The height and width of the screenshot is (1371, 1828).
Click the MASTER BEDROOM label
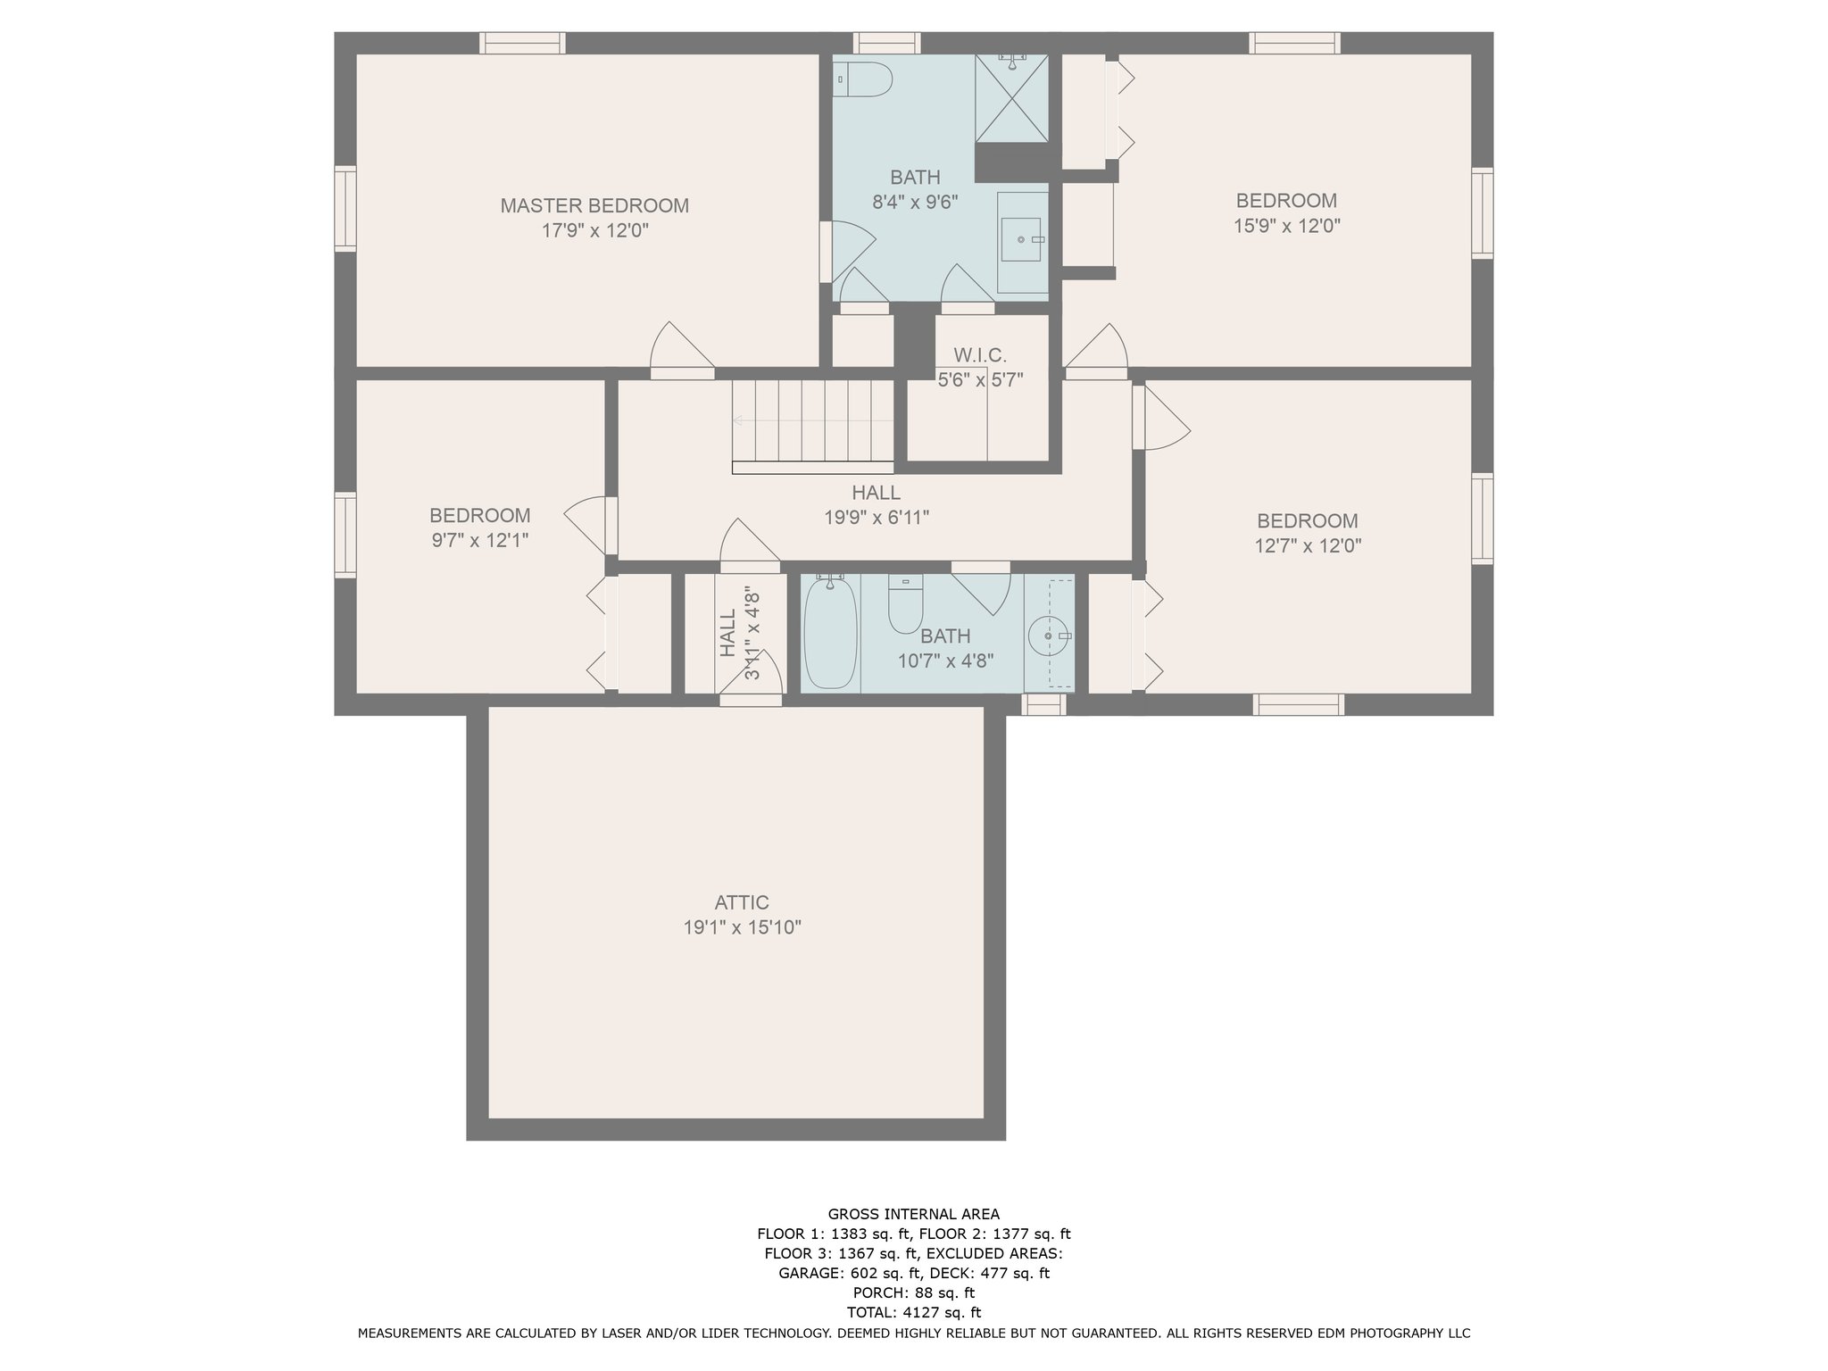coord(594,205)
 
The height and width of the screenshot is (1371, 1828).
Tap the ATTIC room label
coord(742,902)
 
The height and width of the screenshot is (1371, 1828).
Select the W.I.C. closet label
coord(980,355)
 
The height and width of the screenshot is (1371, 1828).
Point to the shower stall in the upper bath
coord(1011,97)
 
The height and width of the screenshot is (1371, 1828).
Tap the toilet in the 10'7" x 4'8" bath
coord(905,603)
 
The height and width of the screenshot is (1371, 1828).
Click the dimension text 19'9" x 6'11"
coord(877,517)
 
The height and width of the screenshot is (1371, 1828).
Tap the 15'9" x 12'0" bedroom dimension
coord(1287,226)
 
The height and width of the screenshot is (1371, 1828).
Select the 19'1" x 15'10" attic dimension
coord(743,927)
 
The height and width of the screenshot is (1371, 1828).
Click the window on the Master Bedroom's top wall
coord(522,43)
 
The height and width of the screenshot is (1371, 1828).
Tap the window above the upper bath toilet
coord(886,43)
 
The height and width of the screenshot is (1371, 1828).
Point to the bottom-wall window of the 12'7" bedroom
coord(1298,704)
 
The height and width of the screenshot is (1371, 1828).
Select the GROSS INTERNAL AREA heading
coord(914,1214)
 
